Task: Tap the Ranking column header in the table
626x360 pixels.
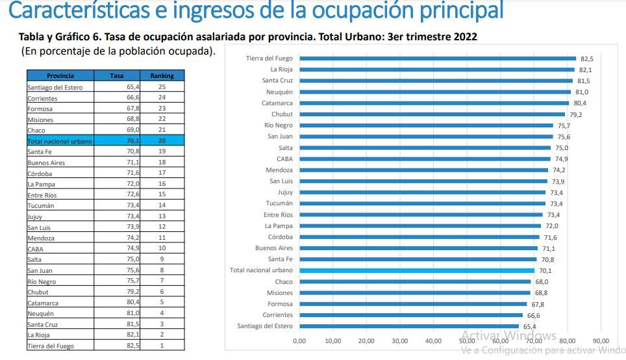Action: (162, 75)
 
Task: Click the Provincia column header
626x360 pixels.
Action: (60, 75)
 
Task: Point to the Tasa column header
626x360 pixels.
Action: (116, 75)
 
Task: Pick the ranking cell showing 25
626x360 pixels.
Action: (162, 87)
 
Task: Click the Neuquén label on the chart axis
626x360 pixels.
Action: (279, 92)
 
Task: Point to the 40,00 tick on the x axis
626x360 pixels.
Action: (433, 341)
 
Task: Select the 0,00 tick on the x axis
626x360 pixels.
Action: (299, 341)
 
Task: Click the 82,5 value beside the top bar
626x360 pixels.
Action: (587, 58)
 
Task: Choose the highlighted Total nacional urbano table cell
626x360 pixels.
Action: (60, 141)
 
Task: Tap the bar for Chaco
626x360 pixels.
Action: (415, 282)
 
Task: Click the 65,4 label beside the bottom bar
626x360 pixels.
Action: (530, 326)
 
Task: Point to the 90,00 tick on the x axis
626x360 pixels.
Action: (601, 341)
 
